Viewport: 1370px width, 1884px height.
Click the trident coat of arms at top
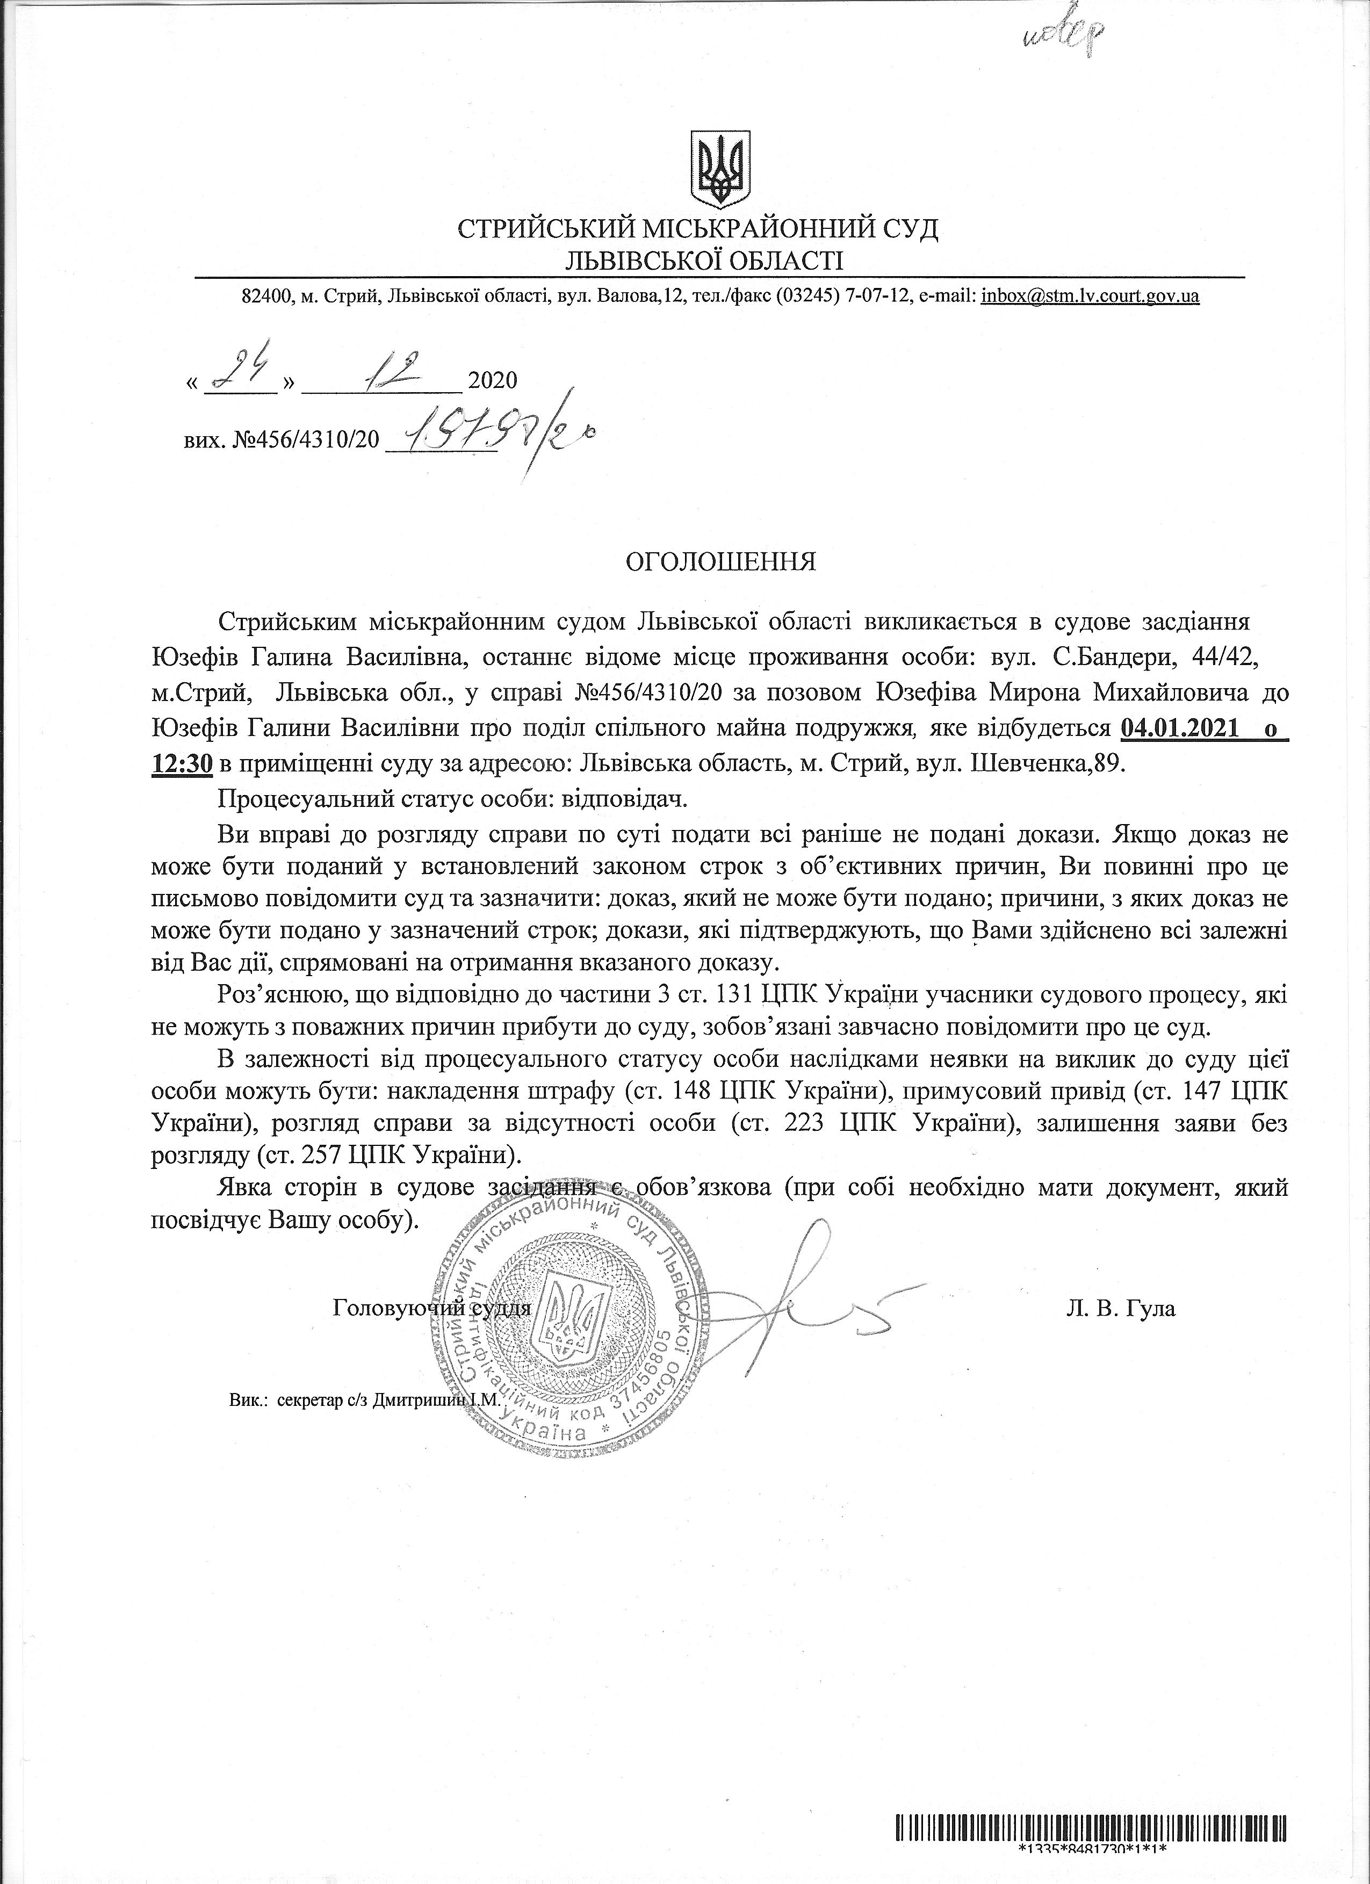(720, 169)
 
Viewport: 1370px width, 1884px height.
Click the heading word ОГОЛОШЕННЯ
(720, 562)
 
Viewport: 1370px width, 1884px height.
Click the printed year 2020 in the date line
(493, 380)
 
